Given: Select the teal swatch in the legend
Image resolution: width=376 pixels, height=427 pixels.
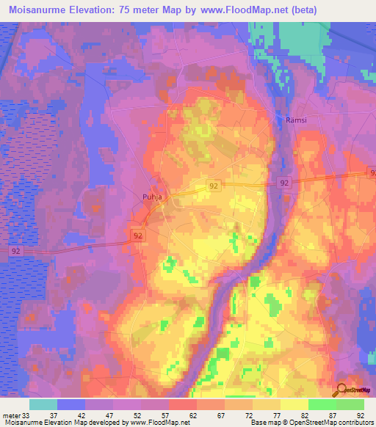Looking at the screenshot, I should point(43,404).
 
